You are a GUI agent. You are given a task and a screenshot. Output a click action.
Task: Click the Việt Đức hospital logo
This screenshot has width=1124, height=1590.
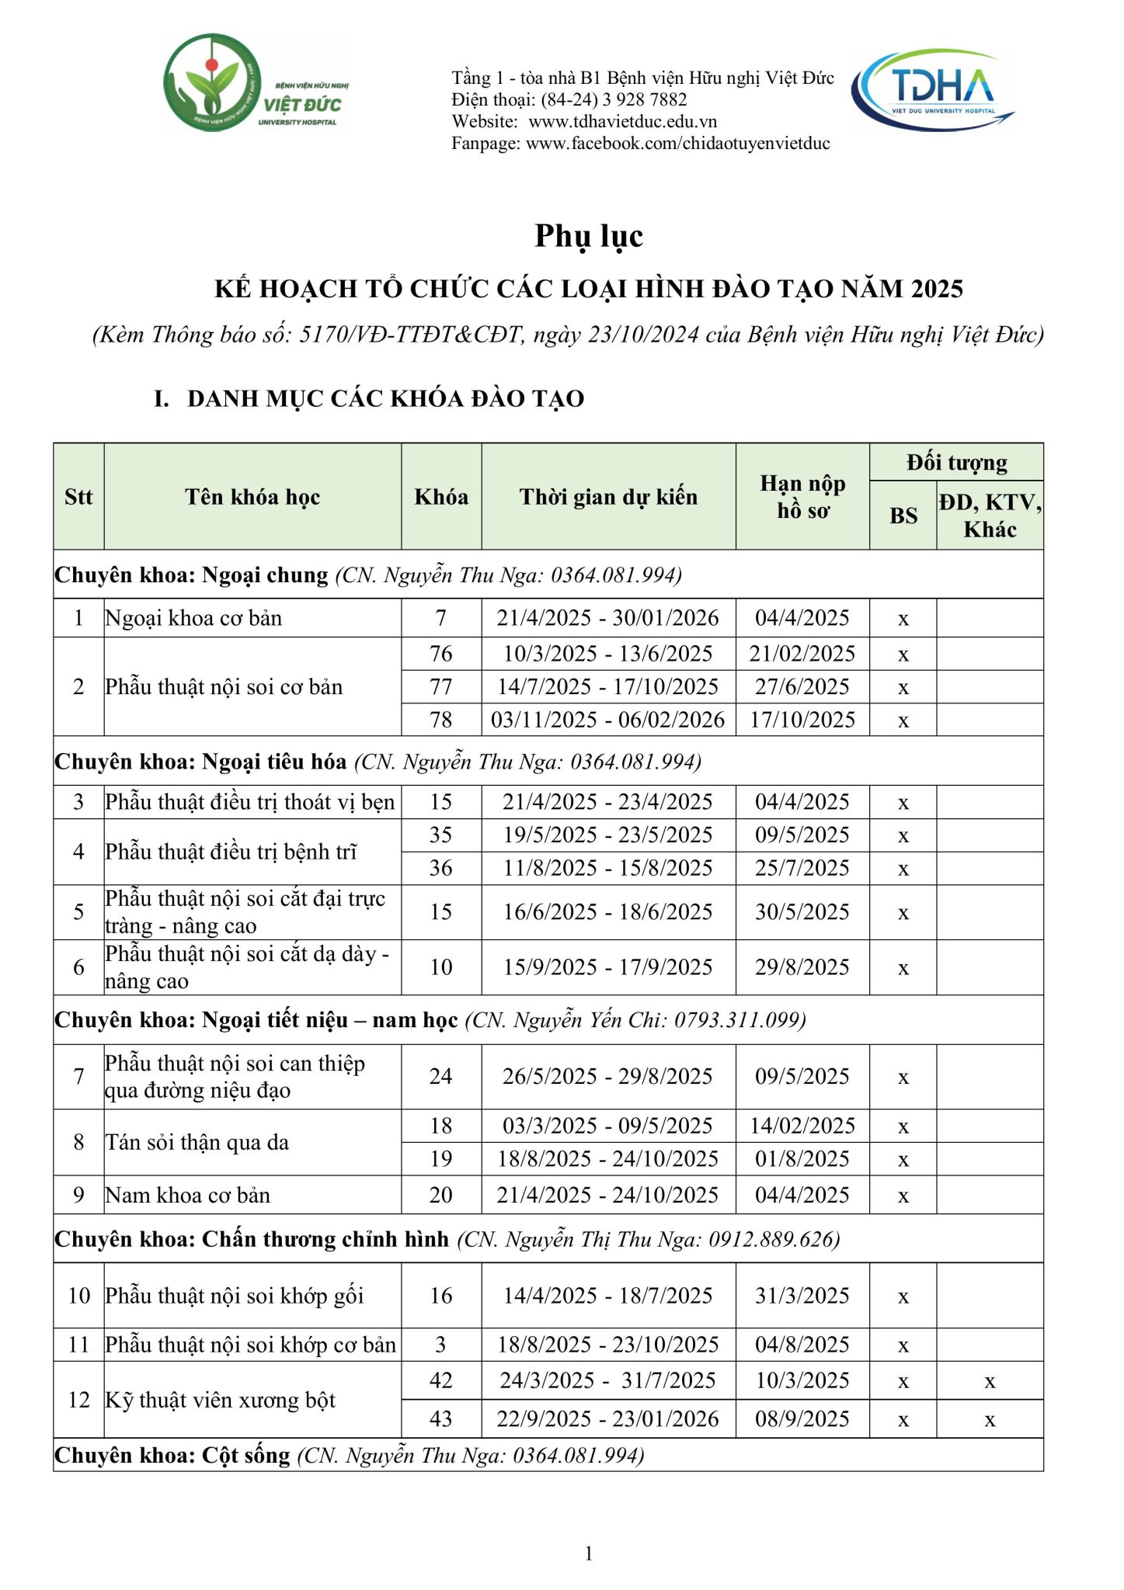(256, 83)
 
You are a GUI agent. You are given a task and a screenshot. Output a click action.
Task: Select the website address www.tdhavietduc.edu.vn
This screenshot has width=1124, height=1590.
(622, 122)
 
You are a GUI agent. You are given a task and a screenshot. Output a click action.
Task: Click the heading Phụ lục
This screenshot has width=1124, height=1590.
(589, 236)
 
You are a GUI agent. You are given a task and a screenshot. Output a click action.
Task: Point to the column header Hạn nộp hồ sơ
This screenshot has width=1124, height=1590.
(802, 497)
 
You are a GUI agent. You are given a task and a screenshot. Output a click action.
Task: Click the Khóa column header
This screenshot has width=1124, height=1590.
(441, 497)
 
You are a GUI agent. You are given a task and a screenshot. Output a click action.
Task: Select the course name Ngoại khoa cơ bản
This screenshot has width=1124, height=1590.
(194, 618)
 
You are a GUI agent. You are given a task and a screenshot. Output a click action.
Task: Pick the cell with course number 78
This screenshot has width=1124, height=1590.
(441, 720)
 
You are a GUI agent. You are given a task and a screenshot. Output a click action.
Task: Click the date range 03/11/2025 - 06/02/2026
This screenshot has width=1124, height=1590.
(607, 720)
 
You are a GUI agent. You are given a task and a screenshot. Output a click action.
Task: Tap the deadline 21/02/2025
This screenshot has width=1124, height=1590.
(802, 654)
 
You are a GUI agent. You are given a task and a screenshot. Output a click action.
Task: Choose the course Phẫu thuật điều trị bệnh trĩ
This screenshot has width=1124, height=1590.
(231, 852)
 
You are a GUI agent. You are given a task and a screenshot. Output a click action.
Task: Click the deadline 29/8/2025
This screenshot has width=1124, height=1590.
(802, 967)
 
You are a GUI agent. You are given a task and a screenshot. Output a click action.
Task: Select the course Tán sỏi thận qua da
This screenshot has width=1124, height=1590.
(197, 1142)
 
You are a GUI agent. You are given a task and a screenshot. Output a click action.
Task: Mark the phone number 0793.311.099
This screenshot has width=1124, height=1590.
(739, 1019)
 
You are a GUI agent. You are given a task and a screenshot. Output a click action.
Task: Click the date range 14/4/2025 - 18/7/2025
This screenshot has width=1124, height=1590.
(607, 1296)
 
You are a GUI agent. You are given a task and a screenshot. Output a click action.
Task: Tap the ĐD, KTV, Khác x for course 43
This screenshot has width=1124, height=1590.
(990, 1419)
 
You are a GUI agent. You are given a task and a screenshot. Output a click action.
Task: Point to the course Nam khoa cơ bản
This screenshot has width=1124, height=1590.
(188, 1195)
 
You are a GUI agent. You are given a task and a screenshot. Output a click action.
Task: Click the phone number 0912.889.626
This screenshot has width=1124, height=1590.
(773, 1239)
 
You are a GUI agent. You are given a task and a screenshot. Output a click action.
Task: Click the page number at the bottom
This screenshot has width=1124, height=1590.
(589, 1554)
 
